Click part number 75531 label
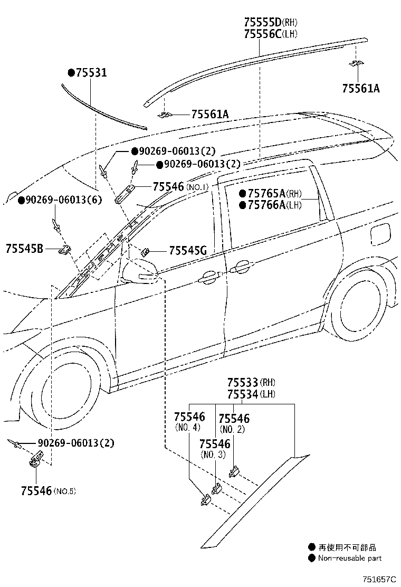pyautogui.click(x=90, y=73)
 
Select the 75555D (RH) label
pyautogui.click(x=271, y=23)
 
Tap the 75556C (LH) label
pyautogui.click(x=271, y=34)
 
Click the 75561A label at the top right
pyautogui.click(x=359, y=88)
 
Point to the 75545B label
pyautogui.click(x=25, y=248)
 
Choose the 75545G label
pyautogui.click(x=188, y=251)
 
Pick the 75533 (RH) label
pyautogui.click(x=251, y=383)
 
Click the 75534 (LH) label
pyautogui.click(x=251, y=394)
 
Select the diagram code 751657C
pyautogui.click(x=378, y=579)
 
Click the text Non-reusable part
pyautogui.click(x=349, y=558)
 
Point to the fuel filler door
pyautogui.click(x=379, y=234)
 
